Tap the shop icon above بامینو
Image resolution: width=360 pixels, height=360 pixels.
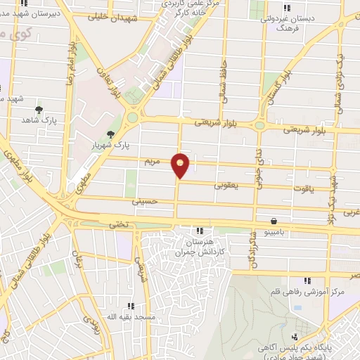coord(274,219)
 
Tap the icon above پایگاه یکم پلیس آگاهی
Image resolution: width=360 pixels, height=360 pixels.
coord(295,337)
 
